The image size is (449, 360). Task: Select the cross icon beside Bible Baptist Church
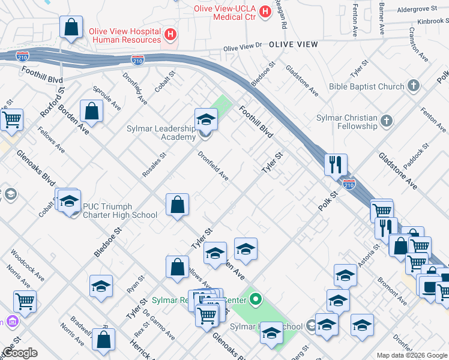[413, 86]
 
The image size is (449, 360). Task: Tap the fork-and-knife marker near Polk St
[336, 164]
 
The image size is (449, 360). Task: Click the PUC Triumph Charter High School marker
[69, 201]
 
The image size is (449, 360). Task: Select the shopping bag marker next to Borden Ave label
[92, 112]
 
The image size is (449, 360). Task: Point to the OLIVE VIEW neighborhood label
[294, 44]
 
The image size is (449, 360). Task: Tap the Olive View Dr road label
[243, 47]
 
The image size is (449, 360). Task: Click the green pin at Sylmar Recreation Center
[256, 298]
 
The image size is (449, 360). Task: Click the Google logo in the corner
[20, 353]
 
